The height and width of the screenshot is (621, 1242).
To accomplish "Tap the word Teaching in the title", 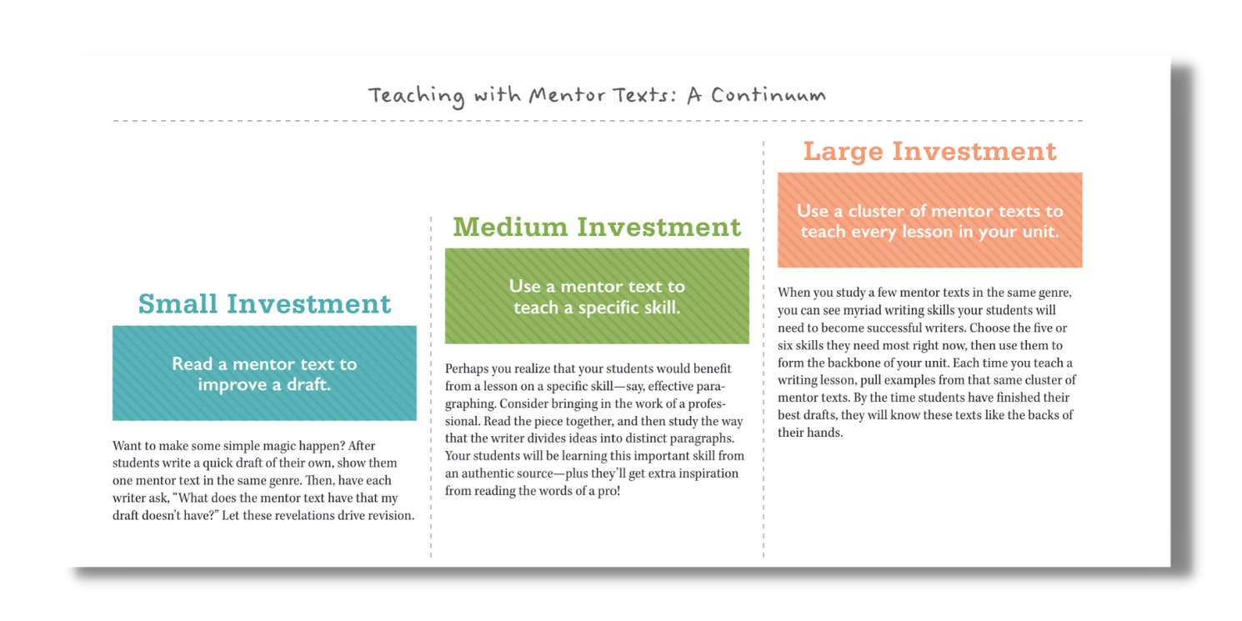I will pos(416,96).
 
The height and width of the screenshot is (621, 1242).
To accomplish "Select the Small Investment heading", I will pos(264,303).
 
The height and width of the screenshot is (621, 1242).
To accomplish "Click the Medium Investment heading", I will pos(597,227).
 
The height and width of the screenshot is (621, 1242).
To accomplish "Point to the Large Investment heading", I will pos(929,152).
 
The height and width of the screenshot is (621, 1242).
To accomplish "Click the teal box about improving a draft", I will pos(264,373).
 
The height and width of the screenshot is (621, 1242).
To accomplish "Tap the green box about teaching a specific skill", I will pos(597,296).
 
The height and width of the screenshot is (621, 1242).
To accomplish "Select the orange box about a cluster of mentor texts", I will pos(929,220).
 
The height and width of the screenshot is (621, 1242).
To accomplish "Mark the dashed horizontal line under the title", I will pos(597,122).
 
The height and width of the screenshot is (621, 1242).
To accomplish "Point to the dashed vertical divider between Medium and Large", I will pos(764,350).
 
